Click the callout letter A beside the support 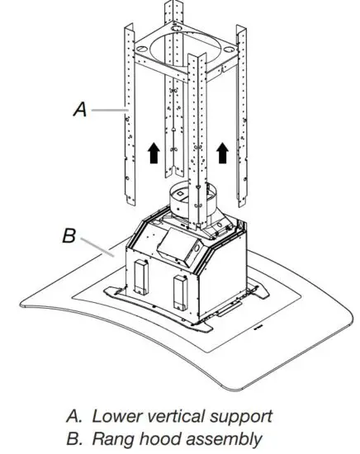coord(80,106)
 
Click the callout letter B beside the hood coord(70,236)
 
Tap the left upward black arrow coord(151,153)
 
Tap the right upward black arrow coord(221,153)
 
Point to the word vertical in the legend coord(178,415)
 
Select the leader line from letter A coord(106,107)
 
